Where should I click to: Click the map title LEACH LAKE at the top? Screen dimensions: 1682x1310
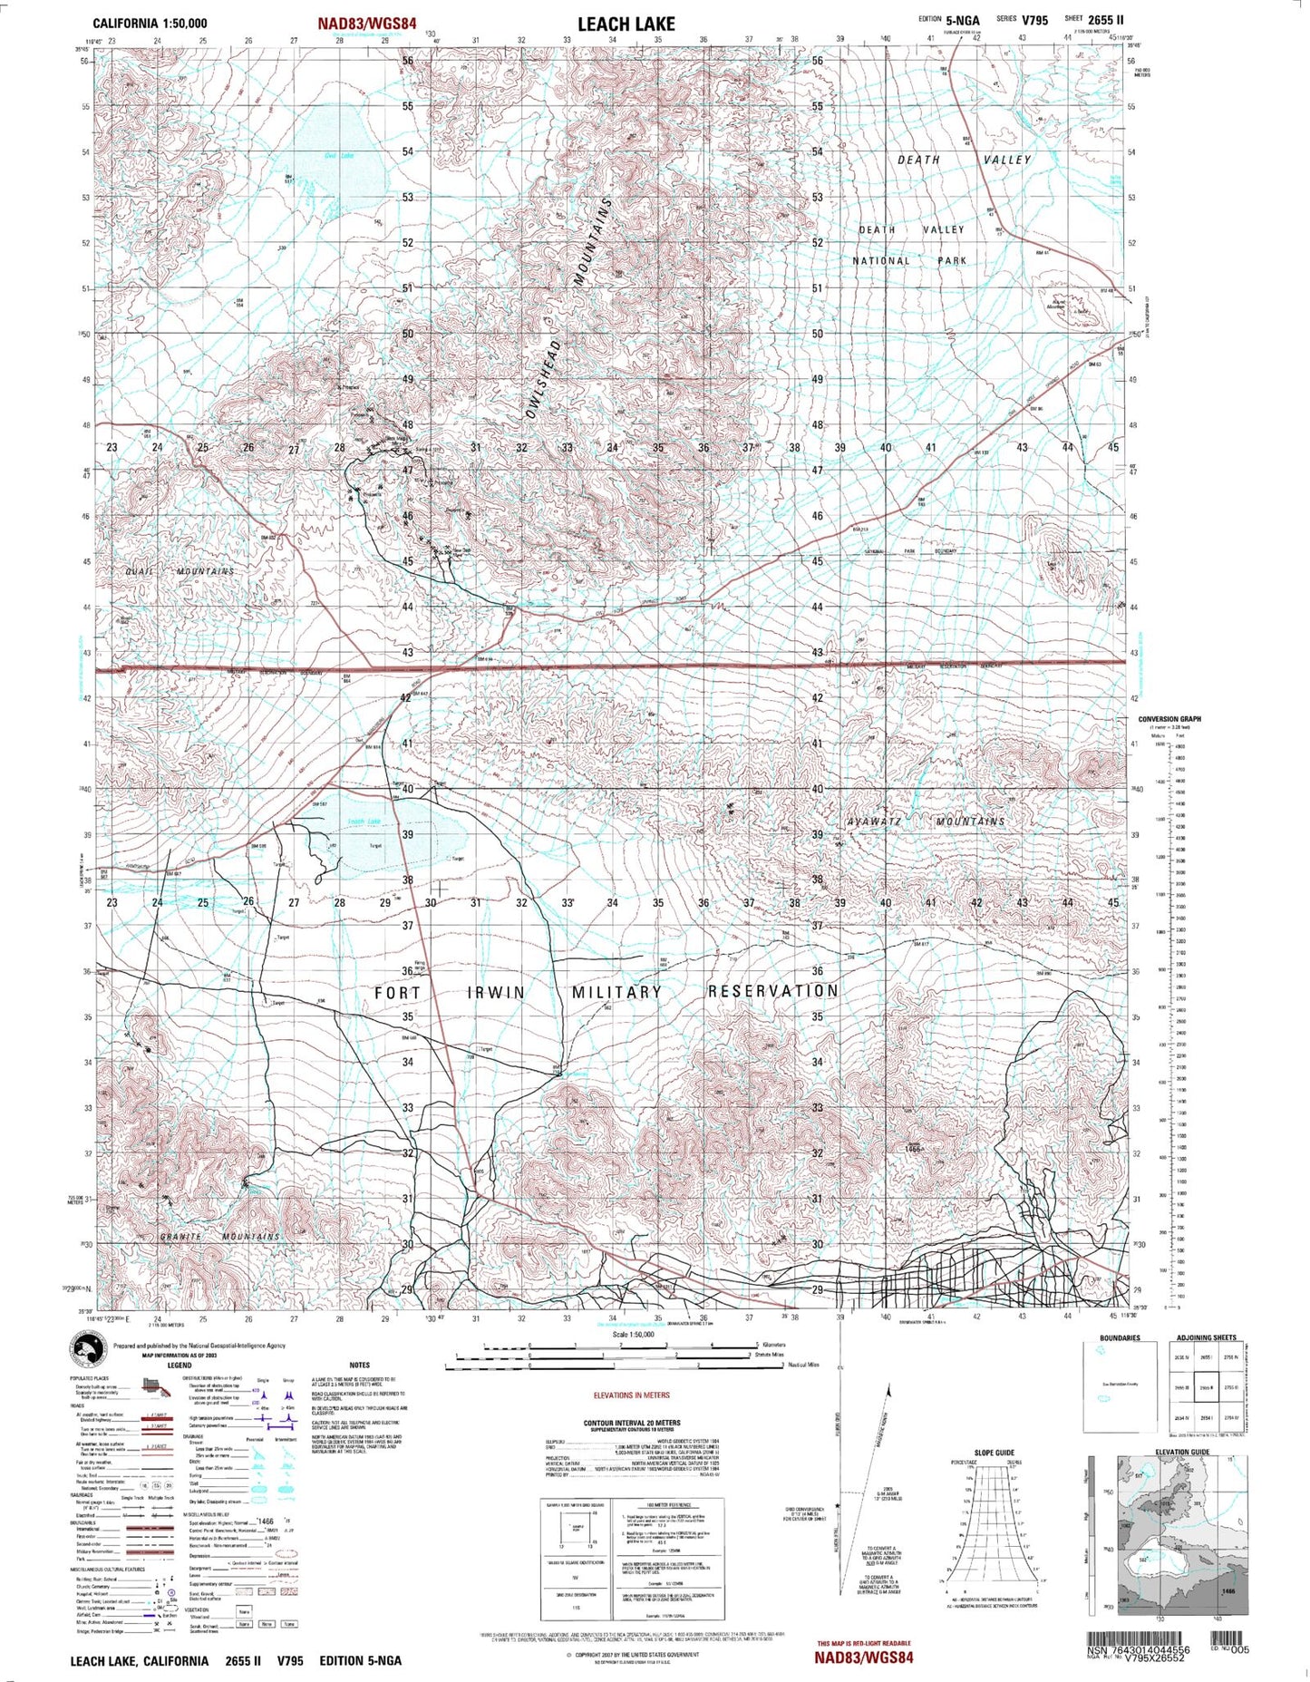point(626,24)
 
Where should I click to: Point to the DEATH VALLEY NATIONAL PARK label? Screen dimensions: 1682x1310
point(911,245)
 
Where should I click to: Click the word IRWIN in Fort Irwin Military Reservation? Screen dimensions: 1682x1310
point(495,992)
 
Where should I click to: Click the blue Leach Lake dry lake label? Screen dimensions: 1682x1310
point(364,822)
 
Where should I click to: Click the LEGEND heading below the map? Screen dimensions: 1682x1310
point(179,1365)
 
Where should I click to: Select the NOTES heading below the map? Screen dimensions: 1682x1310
point(359,1365)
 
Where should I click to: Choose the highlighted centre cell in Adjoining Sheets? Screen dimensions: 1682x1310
point(1206,1388)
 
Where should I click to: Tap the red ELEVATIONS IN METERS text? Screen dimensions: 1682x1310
point(631,1395)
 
